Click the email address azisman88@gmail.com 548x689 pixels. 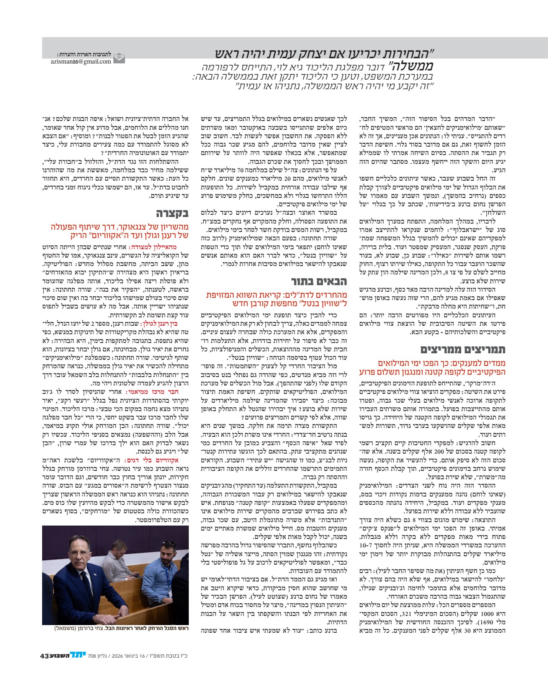81,61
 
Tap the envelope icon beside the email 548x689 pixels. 119,58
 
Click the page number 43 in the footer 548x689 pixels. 44,656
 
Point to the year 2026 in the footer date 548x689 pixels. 115,656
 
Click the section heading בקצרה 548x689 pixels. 172,213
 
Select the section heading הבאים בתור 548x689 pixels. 319,281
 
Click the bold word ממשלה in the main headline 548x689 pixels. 409,66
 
